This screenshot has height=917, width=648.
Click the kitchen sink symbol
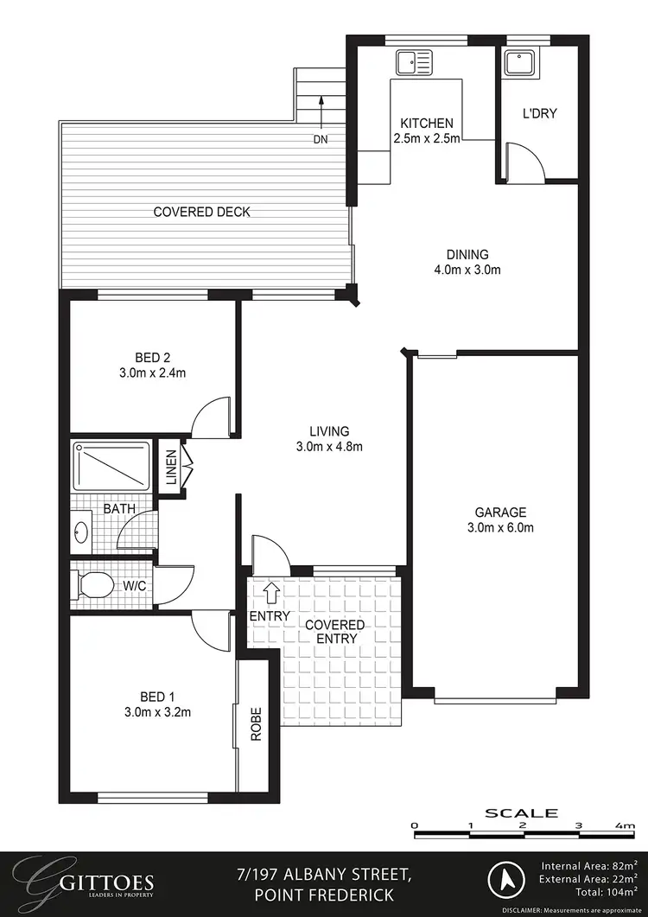click(x=414, y=62)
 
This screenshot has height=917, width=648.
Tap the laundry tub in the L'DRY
click(x=518, y=62)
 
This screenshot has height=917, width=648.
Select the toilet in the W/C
click(x=93, y=586)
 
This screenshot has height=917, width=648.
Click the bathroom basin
click(x=82, y=531)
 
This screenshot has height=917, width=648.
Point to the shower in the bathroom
click(x=111, y=468)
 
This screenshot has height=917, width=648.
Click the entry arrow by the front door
click(x=270, y=592)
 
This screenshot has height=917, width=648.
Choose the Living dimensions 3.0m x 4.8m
click(x=329, y=447)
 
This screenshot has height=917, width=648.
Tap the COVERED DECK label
click(x=202, y=212)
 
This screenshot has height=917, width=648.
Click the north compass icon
click(x=505, y=882)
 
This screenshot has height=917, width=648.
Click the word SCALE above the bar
click(x=521, y=812)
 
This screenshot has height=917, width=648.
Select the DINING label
click(x=467, y=255)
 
